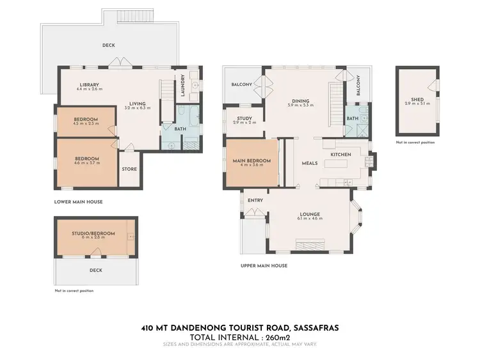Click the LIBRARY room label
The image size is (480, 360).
(90, 85)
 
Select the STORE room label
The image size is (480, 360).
(129, 170)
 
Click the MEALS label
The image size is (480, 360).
(310, 163)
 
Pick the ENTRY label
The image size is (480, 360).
(255, 201)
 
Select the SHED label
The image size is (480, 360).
(417, 99)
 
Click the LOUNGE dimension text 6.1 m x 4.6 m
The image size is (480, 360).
(310, 219)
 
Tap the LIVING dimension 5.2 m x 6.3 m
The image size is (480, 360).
(138, 108)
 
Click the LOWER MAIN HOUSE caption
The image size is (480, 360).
(79, 202)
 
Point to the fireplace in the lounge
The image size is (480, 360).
(310, 245)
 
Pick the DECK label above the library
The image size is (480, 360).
(109, 45)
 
